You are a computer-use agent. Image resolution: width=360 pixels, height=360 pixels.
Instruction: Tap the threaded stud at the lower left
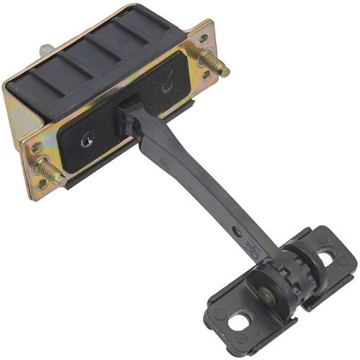click(x=51, y=171)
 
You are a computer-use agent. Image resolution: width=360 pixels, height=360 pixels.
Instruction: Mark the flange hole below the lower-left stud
click(x=41, y=184)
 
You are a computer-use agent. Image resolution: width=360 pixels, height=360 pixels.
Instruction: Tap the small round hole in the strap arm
click(x=237, y=232)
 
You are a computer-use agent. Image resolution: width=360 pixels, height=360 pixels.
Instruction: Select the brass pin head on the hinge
click(x=268, y=294)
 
